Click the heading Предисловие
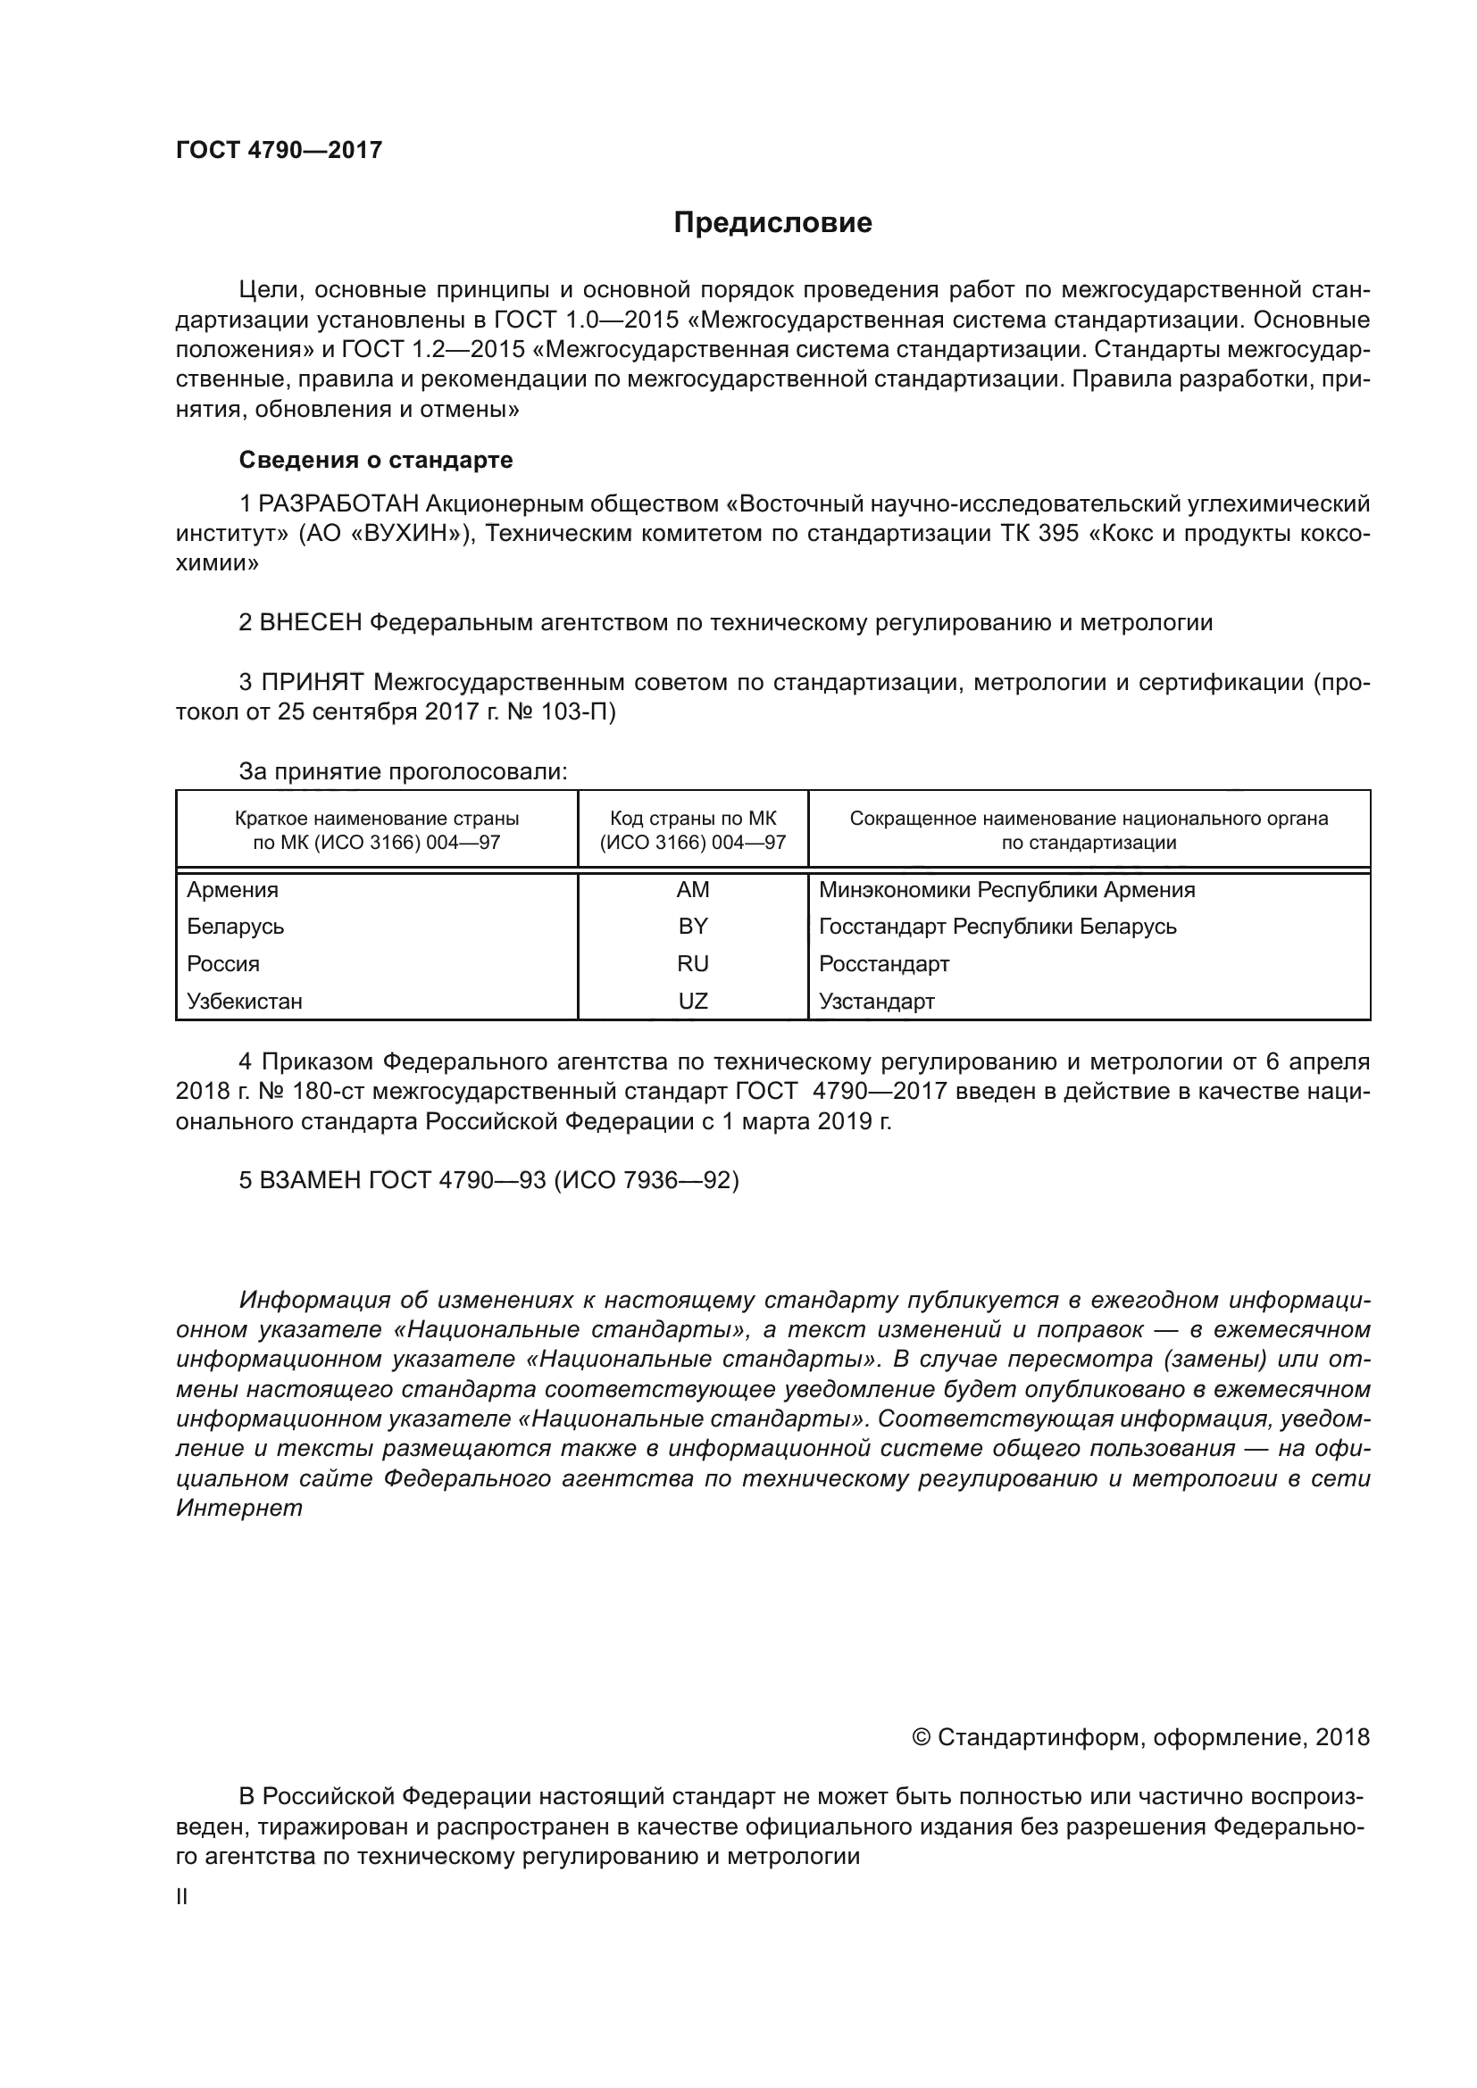[772, 223]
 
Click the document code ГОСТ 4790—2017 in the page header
[280, 150]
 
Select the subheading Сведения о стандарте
[376, 460]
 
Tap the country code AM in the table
[692, 889]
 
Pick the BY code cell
[692, 927]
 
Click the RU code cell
[692, 964]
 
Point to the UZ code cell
[692, 1002]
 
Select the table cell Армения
[233, 889]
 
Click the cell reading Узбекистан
[245, 1002]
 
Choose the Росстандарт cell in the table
[884, 964]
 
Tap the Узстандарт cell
[877, 1002]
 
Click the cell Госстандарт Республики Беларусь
[997, 927]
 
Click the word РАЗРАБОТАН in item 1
[339, 503]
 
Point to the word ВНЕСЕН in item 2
[311, 623]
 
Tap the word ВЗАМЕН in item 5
[310, 1180]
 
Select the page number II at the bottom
[182, 1897]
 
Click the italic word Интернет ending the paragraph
[239, 1509]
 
